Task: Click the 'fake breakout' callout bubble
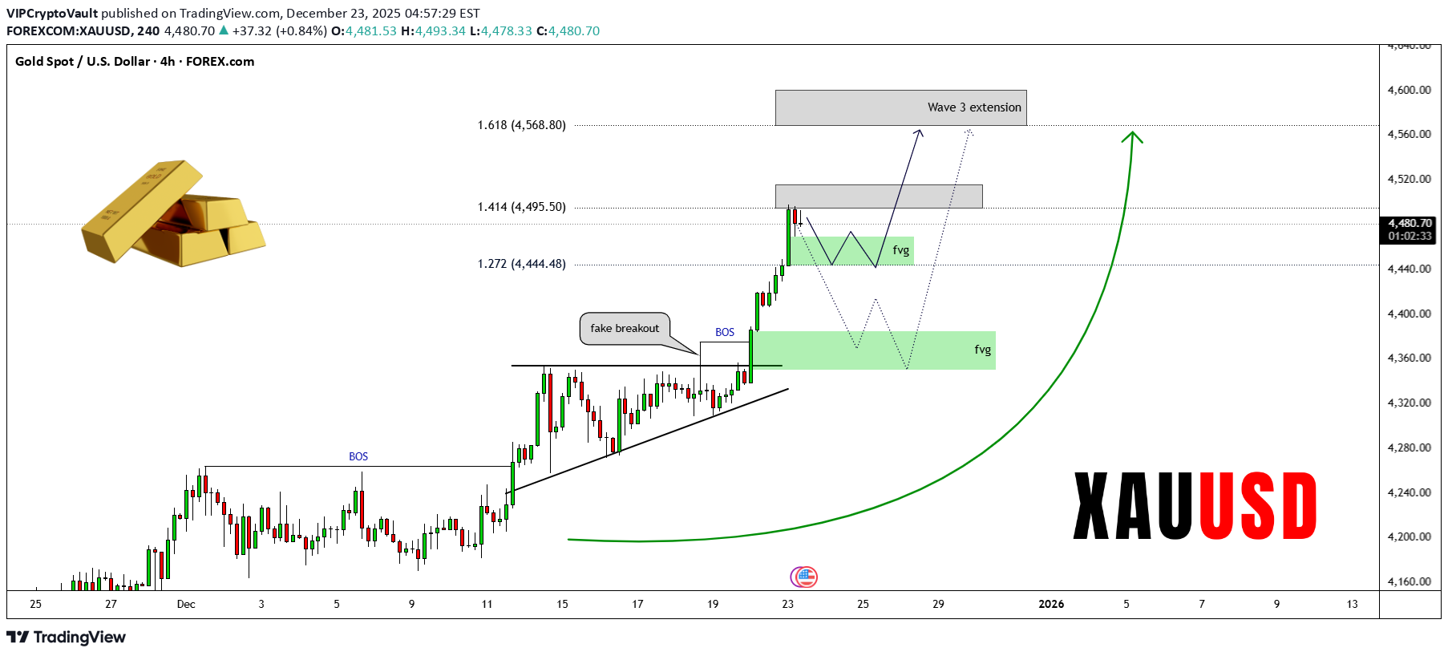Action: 625,328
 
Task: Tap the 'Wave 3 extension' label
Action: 974,107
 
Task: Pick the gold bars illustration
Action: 173,213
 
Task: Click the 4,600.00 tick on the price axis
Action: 1409,90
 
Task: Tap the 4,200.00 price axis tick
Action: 1409,537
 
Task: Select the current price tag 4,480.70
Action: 1410,224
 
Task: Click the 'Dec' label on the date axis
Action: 186,604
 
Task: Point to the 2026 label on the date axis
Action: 1051,604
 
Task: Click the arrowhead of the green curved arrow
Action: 1132,136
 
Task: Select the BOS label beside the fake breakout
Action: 725,332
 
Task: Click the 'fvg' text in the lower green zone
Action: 983,350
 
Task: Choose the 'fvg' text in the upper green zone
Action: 901,250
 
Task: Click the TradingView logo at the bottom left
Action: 67,637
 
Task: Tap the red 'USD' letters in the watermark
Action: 1257,506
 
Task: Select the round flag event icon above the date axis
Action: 804,577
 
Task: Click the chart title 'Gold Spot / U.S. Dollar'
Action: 83,62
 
